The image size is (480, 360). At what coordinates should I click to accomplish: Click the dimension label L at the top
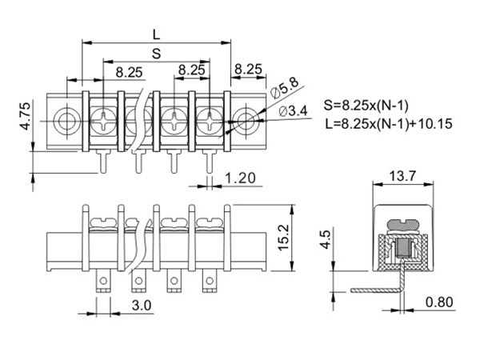[x=157, y=35]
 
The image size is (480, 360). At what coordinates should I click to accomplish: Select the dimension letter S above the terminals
[x=157, y=54]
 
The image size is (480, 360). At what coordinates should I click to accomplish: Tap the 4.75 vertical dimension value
[x=26, y=116]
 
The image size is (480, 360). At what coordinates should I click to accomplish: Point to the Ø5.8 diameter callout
[x=284, y=89]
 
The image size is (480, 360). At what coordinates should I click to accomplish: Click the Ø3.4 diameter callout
[x=294, y=111]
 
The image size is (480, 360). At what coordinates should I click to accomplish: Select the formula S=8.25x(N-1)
[x=366, y=106]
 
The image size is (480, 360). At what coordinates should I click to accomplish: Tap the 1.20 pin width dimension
[x=240, y=178]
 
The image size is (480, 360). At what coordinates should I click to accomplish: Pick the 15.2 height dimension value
[x=283, y=238]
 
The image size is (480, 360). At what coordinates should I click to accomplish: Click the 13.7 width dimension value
[x=402, y=176]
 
